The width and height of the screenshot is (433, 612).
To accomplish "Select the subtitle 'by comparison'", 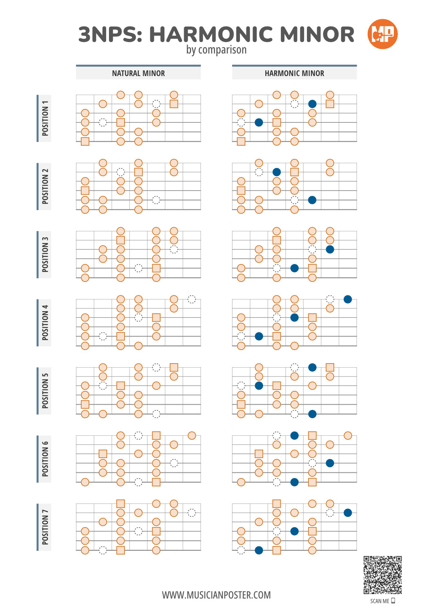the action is tap(216, 50).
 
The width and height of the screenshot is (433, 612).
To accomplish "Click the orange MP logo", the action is tap(382, 34).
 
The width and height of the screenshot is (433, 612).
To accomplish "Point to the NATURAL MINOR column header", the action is tap(138, 73).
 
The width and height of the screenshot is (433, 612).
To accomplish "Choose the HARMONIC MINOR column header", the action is tap(294, 73).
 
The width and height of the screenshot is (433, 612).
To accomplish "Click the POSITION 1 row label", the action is tap(45, 118).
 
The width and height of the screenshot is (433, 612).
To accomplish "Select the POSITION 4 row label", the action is tap(45, 323).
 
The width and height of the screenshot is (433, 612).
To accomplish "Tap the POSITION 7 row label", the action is tap(45, 527).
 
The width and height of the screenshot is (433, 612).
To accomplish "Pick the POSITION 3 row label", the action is tap(45, 255).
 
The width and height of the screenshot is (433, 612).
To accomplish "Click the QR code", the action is tap(382, 575).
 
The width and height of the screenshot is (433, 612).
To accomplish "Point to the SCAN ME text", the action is tap(380, 601).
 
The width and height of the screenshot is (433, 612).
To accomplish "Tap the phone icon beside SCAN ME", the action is tap(393, 601).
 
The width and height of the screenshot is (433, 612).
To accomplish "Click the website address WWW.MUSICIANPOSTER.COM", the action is tap(216, 595).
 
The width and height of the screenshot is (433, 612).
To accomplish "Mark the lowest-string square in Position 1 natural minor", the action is tap(85, 142).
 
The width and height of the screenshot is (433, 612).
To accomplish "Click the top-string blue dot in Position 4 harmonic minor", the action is tap(348, 299).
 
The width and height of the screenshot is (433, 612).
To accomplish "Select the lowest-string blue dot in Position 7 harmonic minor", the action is tap(259, 550).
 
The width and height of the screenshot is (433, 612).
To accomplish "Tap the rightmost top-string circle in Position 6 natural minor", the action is tap(192, 435).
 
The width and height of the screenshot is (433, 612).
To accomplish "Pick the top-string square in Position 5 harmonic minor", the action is tap(330, 368).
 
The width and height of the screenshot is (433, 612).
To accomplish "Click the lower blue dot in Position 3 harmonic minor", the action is tap(294, 268).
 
